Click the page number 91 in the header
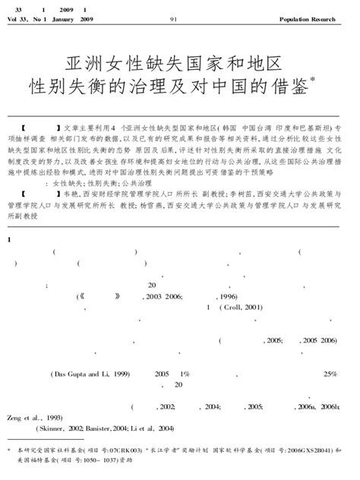click(x=174, y=19)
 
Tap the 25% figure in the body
click(x=330, y=374)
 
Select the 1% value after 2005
click(x=183, y=374)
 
